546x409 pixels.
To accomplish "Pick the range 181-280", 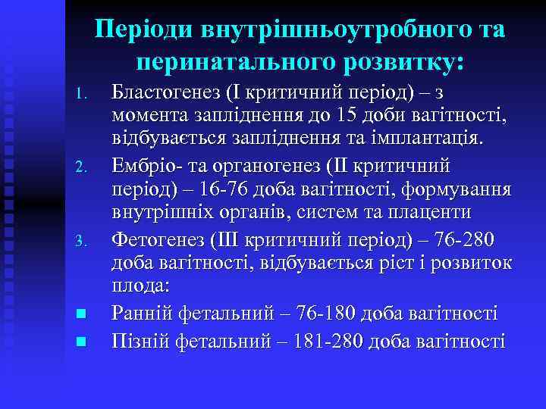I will [x=322, y=341].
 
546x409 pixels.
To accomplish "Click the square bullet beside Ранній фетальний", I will [x=86, y=314].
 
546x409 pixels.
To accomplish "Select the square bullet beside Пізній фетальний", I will [x=86, y=342].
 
